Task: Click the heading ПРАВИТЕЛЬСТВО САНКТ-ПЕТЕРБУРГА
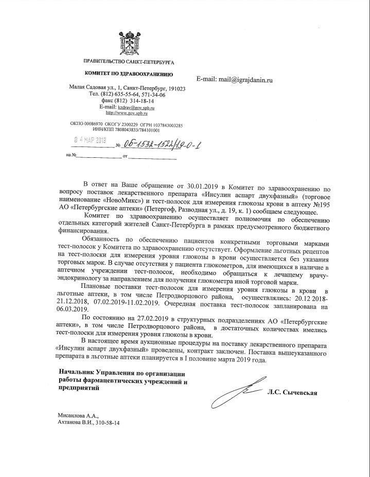128,62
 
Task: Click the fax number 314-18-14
137,101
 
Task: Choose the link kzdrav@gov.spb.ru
133,107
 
